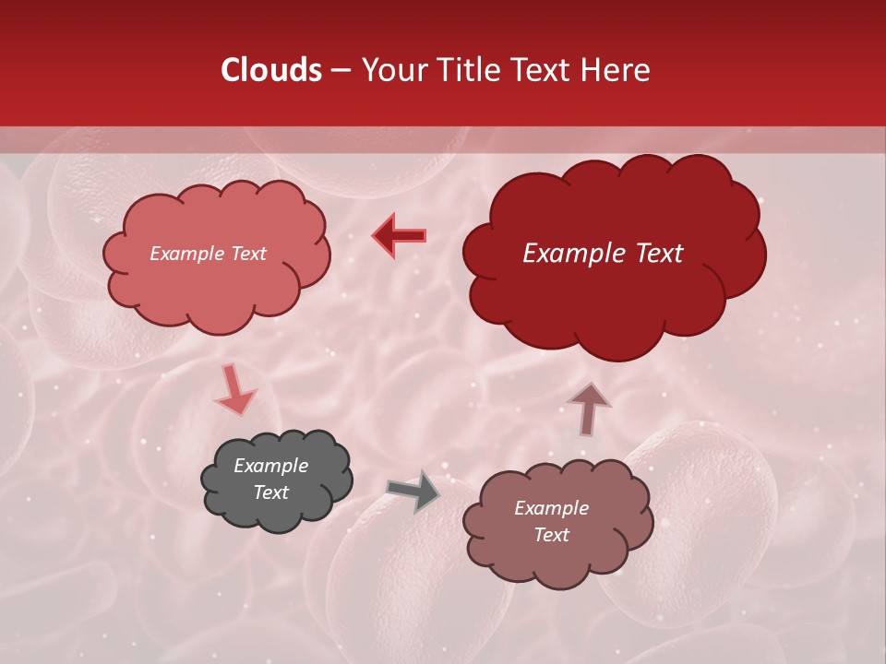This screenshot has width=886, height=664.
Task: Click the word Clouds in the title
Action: click(x=271, y=70)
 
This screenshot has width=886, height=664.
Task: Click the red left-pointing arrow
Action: click(x=399, y=236)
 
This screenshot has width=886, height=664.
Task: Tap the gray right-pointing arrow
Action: click(x=413, y=491)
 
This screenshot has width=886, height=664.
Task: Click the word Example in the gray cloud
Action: click(x=270, y=466)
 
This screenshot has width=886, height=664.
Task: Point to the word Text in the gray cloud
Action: click(x=270, y=492)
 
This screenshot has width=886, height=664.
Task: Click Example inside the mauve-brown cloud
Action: click(x=551, y=508)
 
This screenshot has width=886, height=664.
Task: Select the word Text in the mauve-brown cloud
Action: click(x=551, y=535)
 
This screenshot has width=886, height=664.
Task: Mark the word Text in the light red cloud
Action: click(x=246, y=254)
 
